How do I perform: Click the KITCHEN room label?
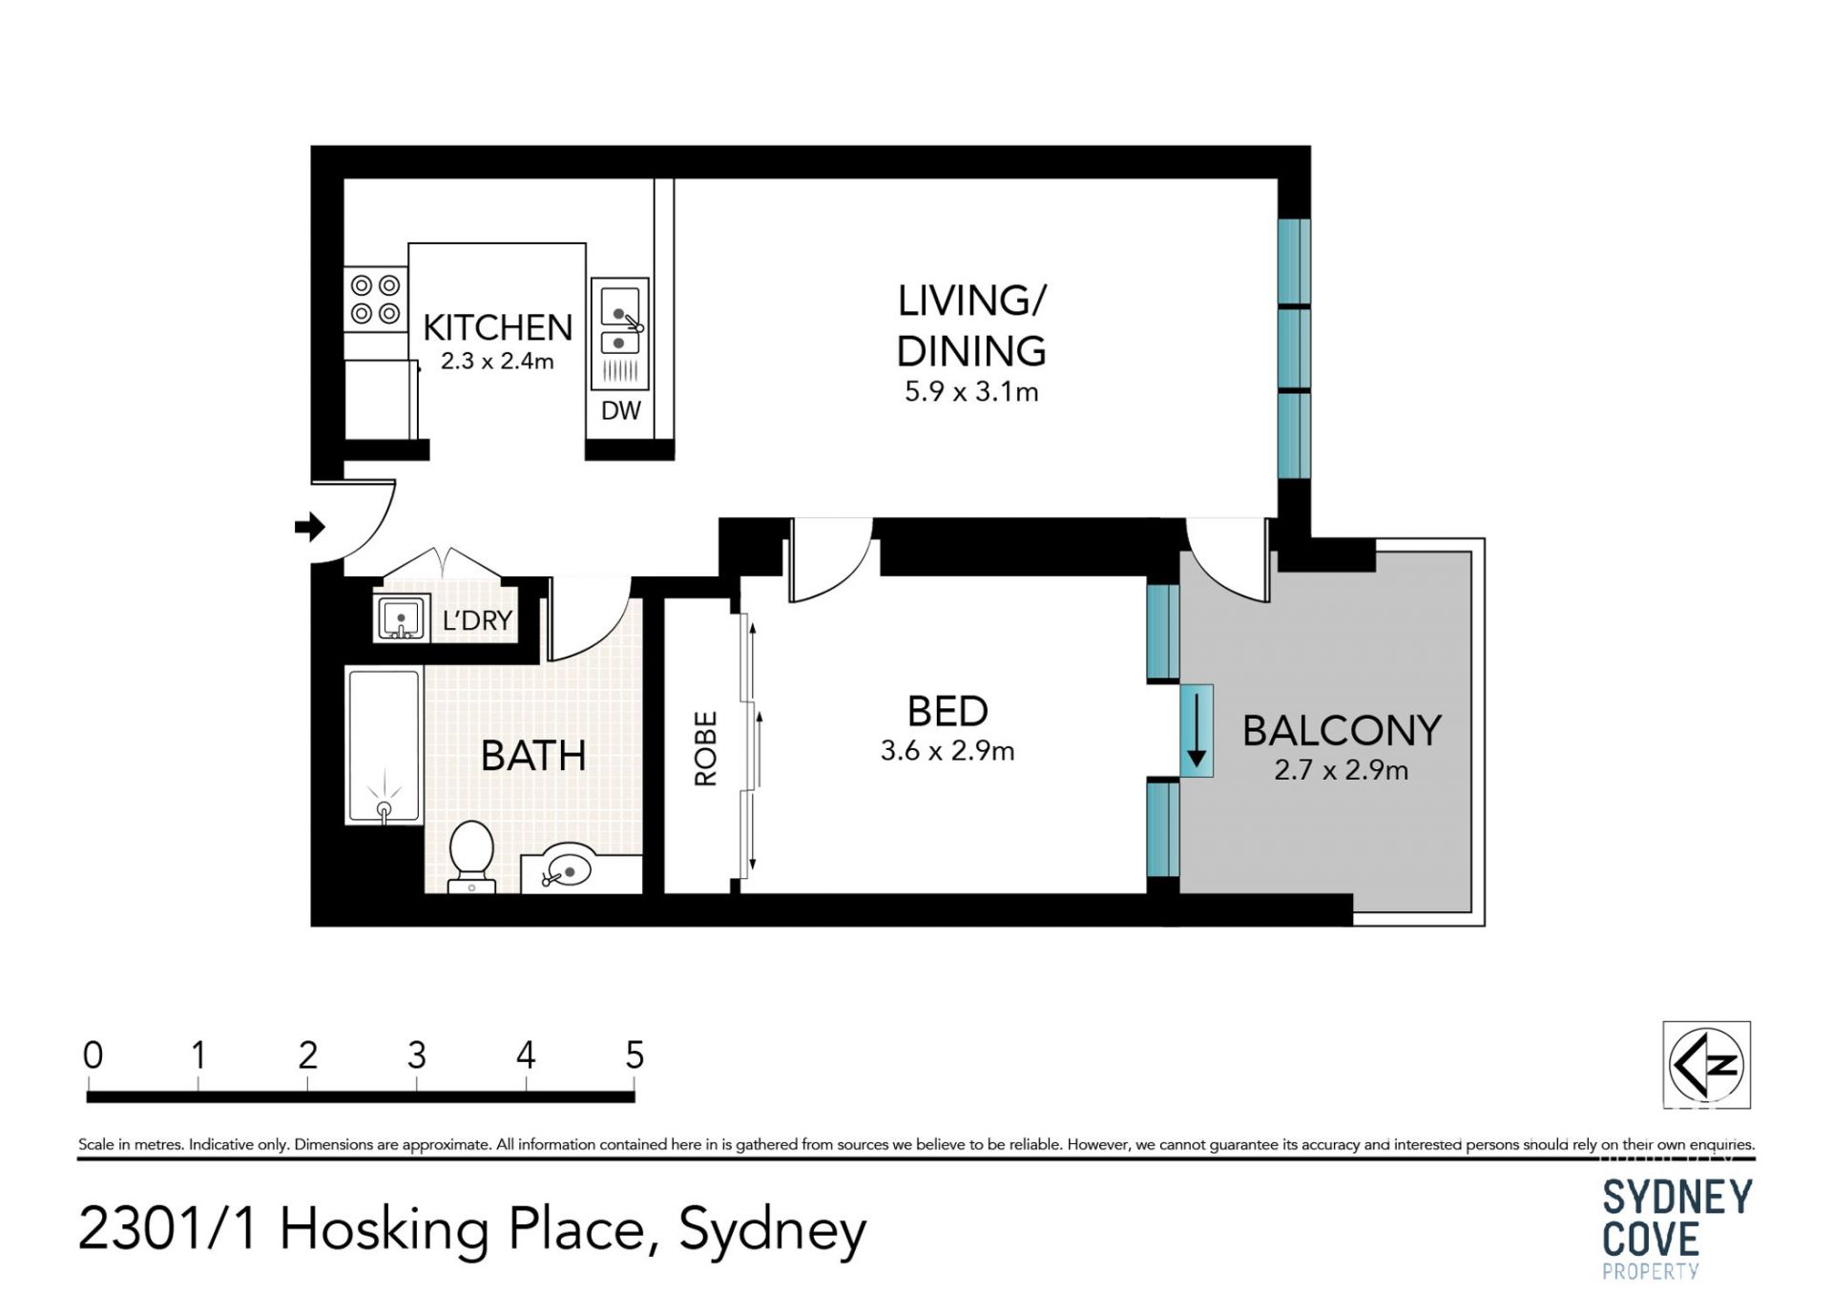pyautogui.click(x=497, y=327)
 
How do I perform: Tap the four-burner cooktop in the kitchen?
pyautogui.click(x=375, y=299)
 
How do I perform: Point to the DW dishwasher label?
pyautogui.click(x=621, y=410)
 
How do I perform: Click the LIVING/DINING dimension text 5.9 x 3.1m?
pyautogui.click(x=971, y=391)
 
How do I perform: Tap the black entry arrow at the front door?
pyautogui.click(x=310, y=526)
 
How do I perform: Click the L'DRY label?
pyautogui.click(x=477, y=620)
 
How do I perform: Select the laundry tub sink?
pyautogui.click(x=401, y=618)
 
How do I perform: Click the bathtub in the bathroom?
pyautogui.click(x=384, y=746)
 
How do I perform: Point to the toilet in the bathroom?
pyautogui.click(x=471, y=855)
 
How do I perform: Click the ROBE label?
pyautogui.click(x=705, y=748)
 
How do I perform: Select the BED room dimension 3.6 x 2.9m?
pyautogui.click(x=947, y=751)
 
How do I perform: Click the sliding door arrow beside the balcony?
pyautogui.click(x=1196, y=731)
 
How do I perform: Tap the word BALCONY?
pyautogui.click(x=1342, y=731)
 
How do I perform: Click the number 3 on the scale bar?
pyautogui.click(x=417, y=1055)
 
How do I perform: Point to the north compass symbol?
pyautogui.click(x=1706, y=1065)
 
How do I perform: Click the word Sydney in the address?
pyautogui.click(x=773, y=1230)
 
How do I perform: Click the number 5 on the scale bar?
pyautogui.click(x=635, y=1055)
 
